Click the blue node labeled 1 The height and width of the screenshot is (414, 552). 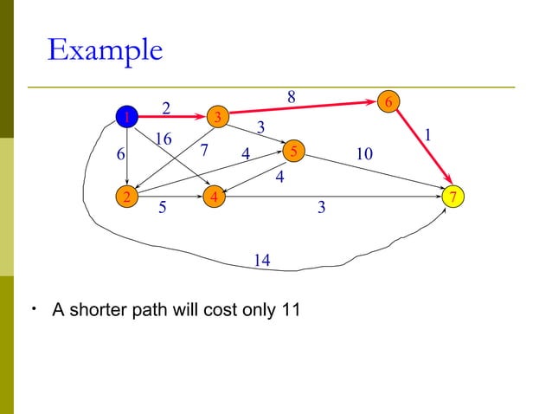[x=127, y=116]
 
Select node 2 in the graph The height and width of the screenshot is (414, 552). [x=127, y=197]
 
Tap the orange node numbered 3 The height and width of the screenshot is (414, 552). [x=218, y=116]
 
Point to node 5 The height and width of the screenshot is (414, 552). [x=293, y=151]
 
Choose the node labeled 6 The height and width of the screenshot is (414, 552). [x=389, y=101]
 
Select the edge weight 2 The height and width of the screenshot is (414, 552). [x=167, y=107]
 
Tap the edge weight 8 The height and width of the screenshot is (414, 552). [x=292, y=97]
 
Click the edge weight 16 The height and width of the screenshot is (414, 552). [x=162, y=139]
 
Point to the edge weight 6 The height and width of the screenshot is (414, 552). [x=121, y=154]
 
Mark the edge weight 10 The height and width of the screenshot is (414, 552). [x=363, y=154]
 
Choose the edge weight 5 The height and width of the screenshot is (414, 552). [x=162, y=209]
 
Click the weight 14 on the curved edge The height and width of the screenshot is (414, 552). [x=262, y=260]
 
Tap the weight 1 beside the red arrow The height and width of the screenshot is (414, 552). [x=427, y=136]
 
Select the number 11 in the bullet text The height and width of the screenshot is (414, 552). [x=291, y=309]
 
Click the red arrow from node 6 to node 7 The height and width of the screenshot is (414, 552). [x=422, y=149]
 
